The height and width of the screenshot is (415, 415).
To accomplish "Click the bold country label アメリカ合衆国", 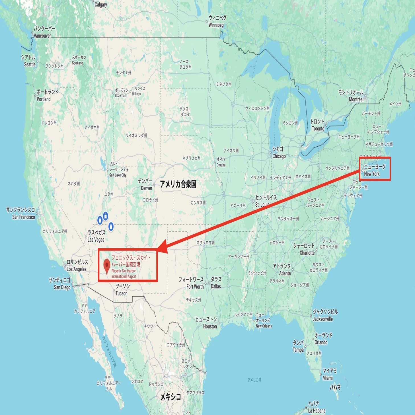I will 178,184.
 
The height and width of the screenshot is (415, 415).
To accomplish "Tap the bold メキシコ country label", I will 170,396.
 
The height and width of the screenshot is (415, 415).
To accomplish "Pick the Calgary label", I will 100,5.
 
